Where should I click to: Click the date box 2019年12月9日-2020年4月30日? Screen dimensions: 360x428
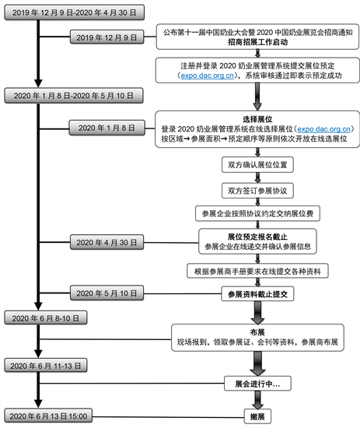pos(74,12)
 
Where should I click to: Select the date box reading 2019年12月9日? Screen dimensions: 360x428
pos(107,37)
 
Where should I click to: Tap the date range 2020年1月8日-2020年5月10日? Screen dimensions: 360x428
pos(74,96)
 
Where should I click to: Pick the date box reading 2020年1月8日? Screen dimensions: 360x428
pos(107,128)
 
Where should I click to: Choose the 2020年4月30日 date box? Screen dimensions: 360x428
pos(107,242)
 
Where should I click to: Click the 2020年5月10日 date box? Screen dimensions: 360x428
pos(107,293)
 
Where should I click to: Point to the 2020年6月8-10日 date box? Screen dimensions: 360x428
pos(46,318)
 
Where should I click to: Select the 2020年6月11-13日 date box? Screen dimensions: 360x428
pos(46,366)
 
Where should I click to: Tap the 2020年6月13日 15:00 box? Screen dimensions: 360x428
pos(48,416)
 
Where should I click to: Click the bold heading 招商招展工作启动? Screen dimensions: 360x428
pos(257,42)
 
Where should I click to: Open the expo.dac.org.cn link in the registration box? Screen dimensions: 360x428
pos(208,75)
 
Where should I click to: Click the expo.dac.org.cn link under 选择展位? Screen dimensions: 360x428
pos(323,129)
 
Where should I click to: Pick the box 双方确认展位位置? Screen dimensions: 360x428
pos(257,165)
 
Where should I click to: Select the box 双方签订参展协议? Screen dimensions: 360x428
pos(257,191)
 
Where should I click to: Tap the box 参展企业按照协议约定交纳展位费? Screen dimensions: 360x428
pos(257,213)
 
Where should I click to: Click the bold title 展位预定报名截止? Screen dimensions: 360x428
pos(257,237)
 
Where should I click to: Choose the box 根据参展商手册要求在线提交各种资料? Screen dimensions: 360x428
pos(257,271)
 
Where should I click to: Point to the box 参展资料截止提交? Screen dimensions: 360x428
pos(257,294)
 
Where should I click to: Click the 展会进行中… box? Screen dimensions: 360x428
pos(257,384)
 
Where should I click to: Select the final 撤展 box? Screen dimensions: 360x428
pos(257,416)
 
